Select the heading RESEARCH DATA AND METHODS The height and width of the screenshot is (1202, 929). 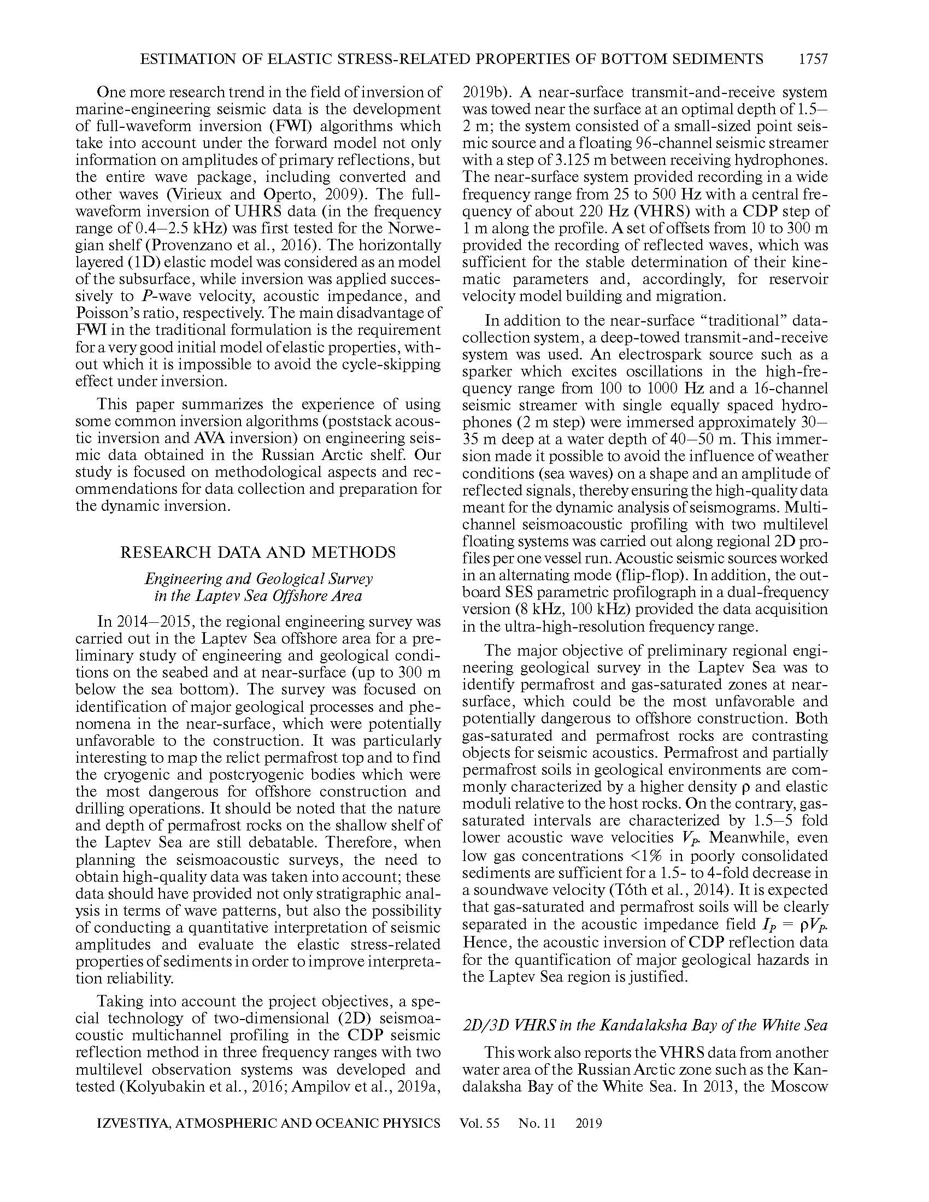pyautogui.click(x=258, y=552)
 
